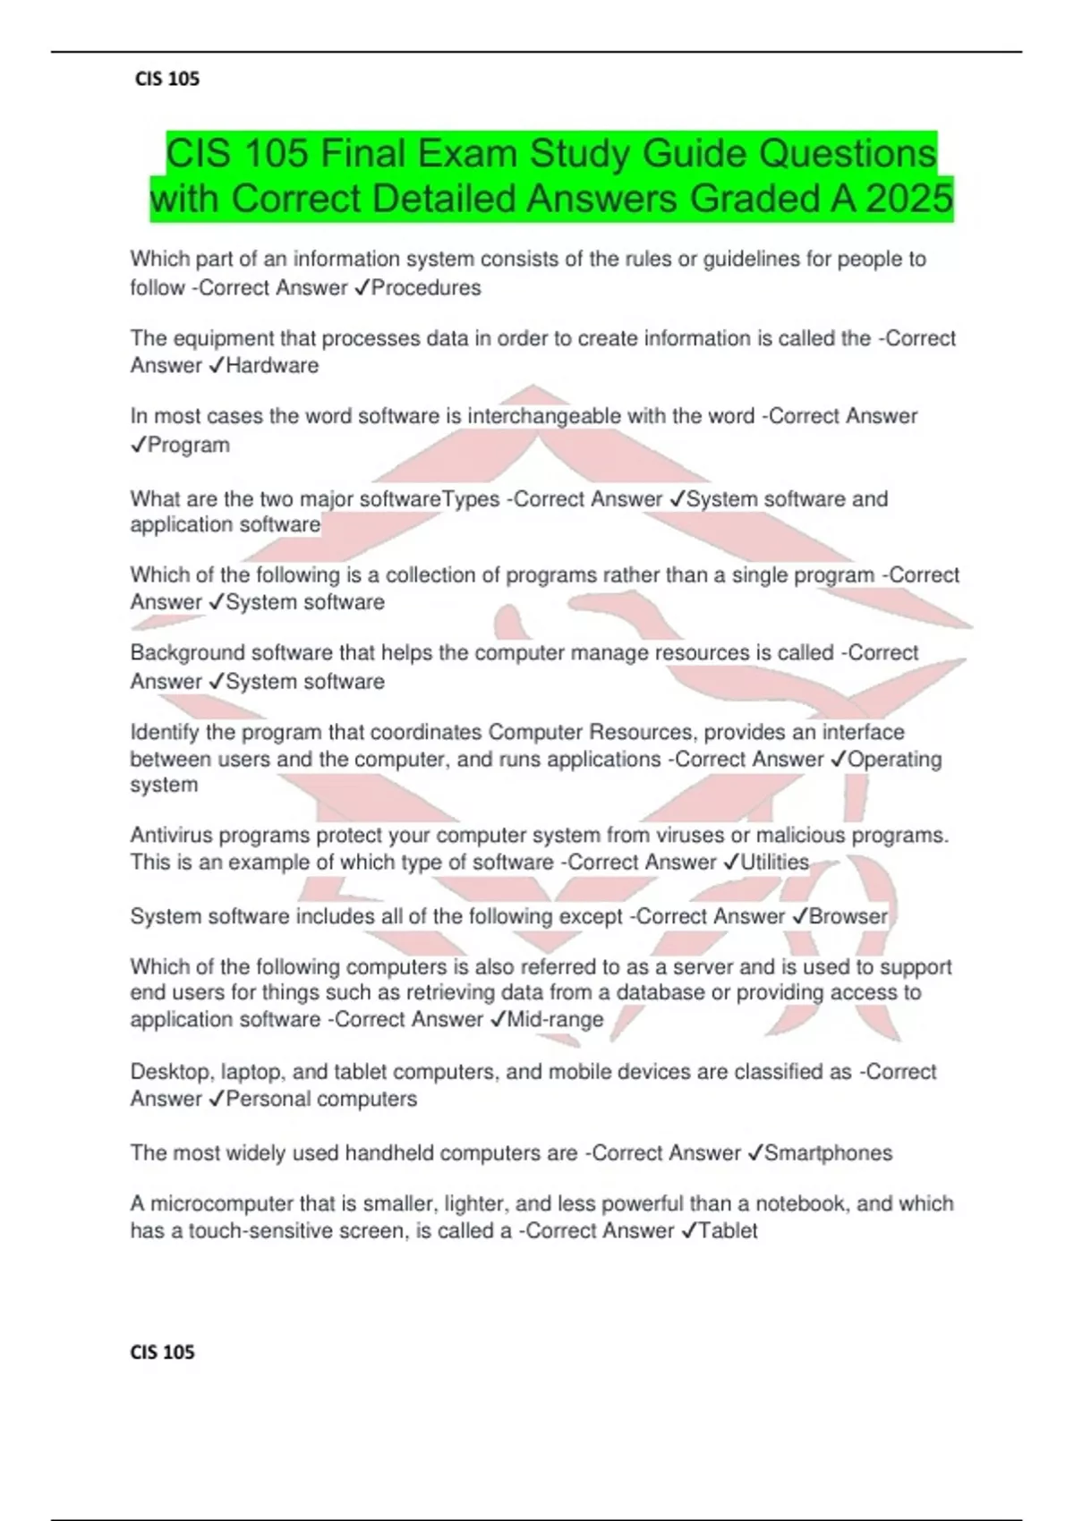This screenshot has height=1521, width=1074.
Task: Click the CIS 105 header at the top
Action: (x=166, y=79)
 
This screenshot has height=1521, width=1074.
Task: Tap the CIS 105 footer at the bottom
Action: (x=162, y=1352)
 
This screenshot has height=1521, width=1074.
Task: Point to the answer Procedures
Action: (x=426, y=288)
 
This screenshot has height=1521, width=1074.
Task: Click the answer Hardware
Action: (x=272, y=365)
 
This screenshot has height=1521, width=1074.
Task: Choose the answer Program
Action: (x=188, y=445)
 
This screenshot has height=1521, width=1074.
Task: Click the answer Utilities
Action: (x=774, y=862)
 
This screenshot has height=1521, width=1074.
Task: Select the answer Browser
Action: (x=848, y=916)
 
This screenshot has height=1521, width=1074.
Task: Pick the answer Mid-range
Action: (x=555, y=1019)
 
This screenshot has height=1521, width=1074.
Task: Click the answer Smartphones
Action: (x=828, y=1152)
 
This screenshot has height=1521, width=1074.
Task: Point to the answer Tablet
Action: (x=728, y=1230)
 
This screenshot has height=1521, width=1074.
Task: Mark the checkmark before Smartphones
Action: (x=754, y=1153)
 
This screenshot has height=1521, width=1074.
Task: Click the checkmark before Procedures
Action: (x=362, y=288)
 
